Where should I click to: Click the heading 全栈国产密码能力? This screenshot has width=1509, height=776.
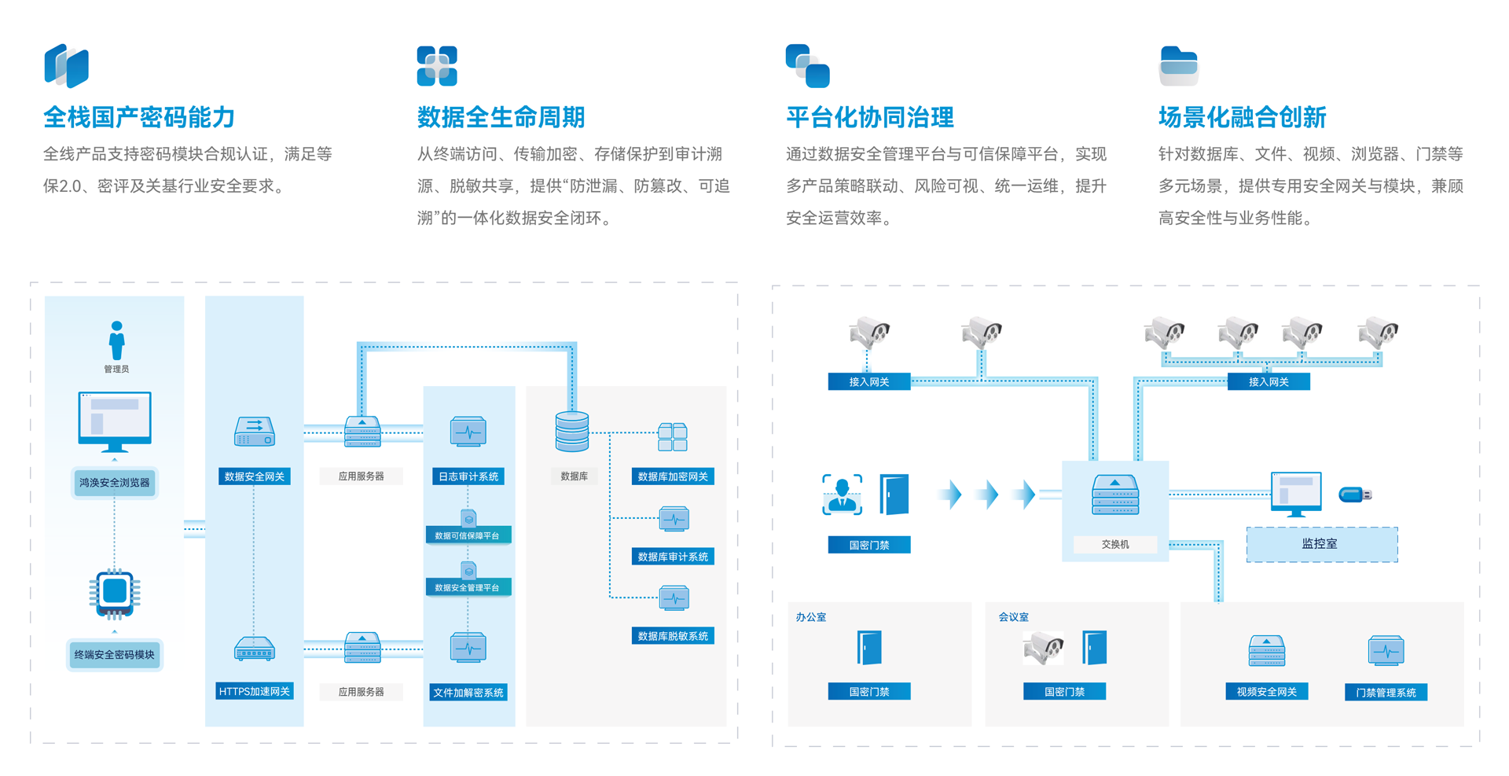tap(139, 118)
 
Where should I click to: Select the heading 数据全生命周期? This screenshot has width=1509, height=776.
tap(501, 118)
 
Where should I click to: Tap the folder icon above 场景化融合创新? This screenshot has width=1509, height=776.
tap(1178, 66)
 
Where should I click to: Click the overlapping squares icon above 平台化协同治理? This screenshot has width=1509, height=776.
tap(807, 66)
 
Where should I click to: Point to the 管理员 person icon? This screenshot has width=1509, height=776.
tap(116, 340)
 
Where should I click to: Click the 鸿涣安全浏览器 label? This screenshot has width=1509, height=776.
tap(115, 483)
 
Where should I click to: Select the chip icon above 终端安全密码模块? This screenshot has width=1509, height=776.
tap(115, 591)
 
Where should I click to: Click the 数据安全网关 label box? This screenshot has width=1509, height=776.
tap(254, 476)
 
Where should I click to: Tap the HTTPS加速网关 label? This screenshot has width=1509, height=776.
tap(254, 692)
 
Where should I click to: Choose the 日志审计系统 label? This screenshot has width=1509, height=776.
tap(468, 476)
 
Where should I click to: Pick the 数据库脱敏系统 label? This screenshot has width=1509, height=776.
tap(673, 636)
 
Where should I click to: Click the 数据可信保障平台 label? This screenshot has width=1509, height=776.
tap(468, 535)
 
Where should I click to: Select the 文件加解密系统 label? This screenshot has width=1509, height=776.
tap(468, 693)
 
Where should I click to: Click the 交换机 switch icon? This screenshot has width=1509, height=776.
tap(1114, 495)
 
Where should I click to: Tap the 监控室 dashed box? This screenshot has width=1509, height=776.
tap(1321, 544)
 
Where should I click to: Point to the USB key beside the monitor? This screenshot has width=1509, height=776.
tap(1355, 495)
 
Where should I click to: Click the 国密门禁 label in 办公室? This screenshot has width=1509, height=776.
tap(869, 692)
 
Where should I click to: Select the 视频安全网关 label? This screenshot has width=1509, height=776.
tap(1266, 692)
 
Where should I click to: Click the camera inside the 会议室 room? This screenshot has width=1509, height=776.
tap(1044, 648)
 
